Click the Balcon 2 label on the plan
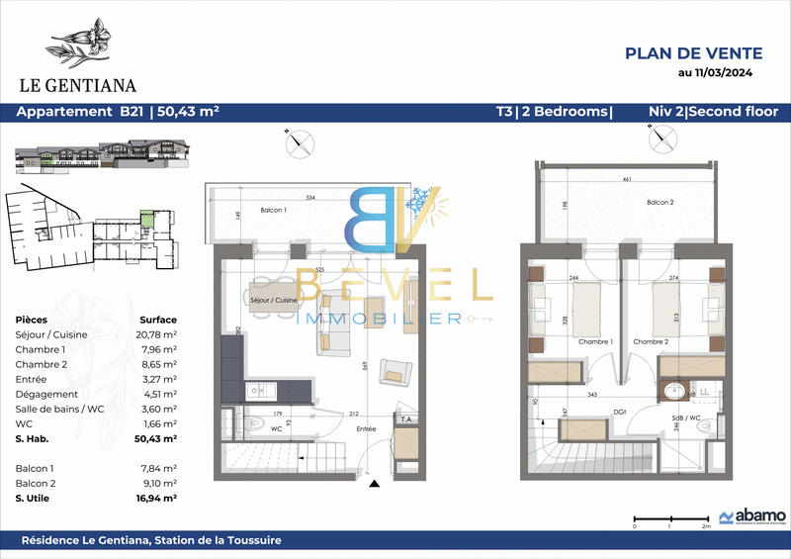[660, 202]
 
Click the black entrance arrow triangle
[374, 484]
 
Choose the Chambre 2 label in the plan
[650, 342]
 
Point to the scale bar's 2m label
[706, 527]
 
